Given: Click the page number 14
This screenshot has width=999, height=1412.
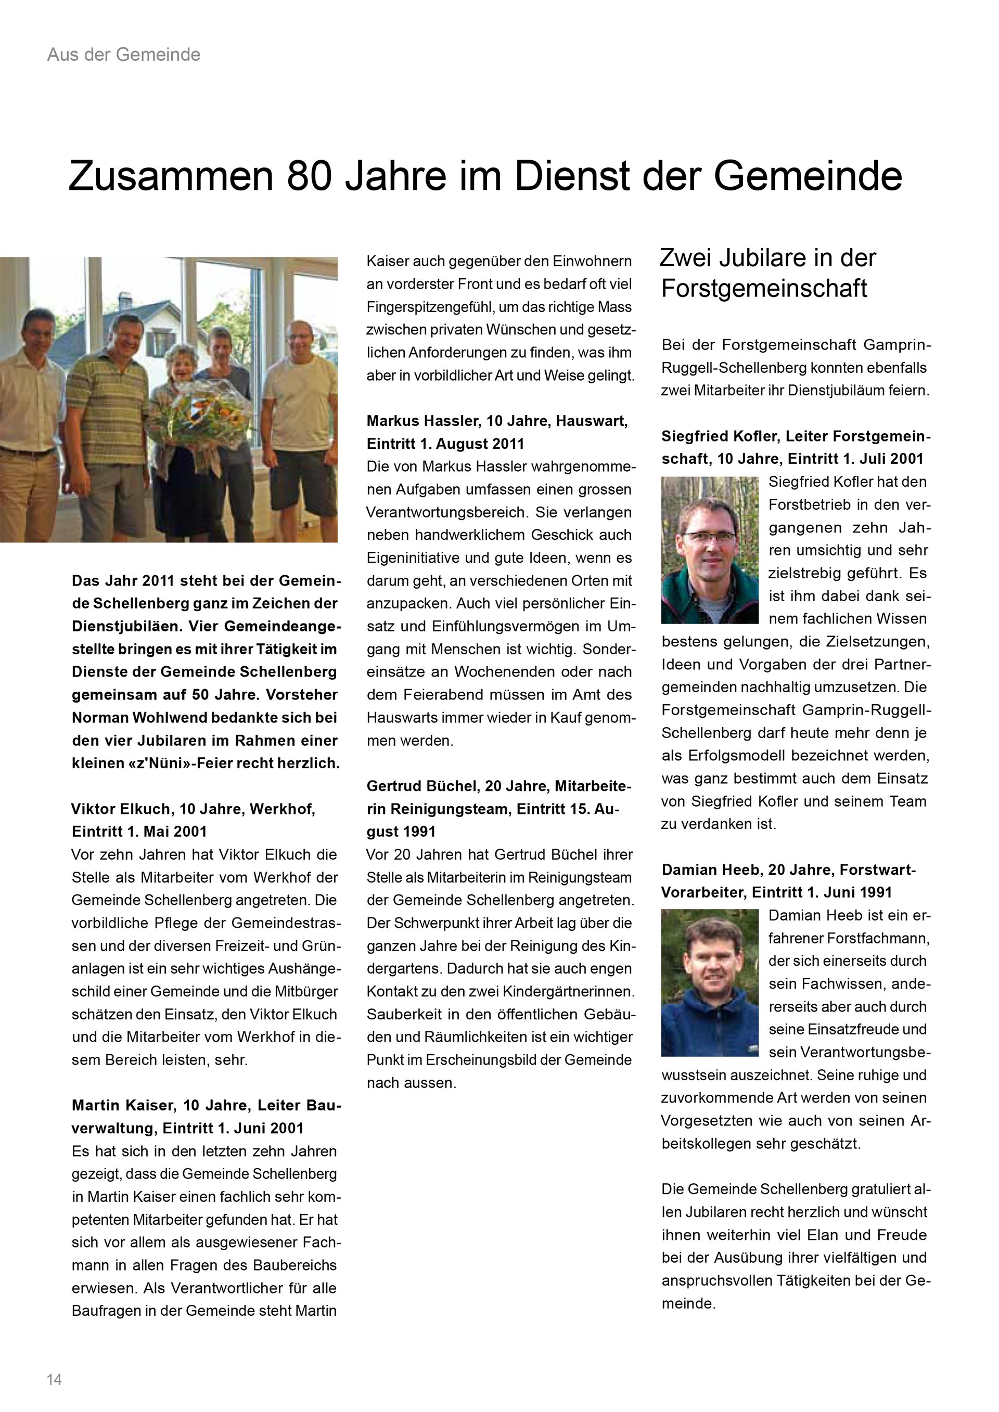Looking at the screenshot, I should (x=54, y=1379).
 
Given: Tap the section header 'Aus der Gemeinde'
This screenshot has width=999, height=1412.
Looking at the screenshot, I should (x=124, y=55).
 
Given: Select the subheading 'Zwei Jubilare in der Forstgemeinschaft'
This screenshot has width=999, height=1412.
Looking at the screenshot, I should (x=767, y=273).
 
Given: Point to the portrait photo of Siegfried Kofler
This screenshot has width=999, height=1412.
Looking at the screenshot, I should (x=709, y=550).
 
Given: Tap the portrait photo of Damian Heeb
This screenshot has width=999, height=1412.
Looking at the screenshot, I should (x=709, y=982).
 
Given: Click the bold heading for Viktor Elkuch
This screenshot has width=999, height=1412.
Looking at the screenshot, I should (x=193, y=820).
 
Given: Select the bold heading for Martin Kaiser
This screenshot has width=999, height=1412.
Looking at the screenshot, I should (x=206, y=1116).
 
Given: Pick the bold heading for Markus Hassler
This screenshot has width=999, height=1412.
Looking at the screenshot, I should (x=496, y=432).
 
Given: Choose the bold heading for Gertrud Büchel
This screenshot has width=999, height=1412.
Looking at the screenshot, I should (x=499, y=809).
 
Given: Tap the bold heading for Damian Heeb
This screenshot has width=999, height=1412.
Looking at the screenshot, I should (x=788, y=880).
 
